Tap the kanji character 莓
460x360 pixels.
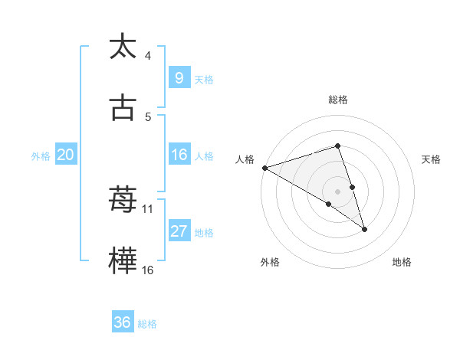[x=123, y=201]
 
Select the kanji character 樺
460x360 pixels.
[x=123, y=261]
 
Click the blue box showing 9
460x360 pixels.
[x=179, y=77]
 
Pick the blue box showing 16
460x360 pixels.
[x=179, y=155]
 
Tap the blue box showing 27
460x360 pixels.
[x=179, y=231]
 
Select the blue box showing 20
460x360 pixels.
[x=65, y=155]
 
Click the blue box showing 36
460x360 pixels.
[x=122, y=322]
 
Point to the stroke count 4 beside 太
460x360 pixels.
[x=148, y=56]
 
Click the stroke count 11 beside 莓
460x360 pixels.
[x=148, y=208]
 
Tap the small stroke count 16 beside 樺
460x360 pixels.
[x=148, y=270]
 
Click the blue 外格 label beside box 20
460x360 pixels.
[x=41, y=155]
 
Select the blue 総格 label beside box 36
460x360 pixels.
[x=147, y=324]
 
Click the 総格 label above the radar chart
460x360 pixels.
[x=337, y=100]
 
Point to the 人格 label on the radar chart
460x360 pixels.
[x=245, y=159]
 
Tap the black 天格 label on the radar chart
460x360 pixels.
[x=432, y=159]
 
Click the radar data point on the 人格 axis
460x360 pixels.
[x=264, y=168]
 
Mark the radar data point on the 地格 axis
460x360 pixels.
[x=364, y=229]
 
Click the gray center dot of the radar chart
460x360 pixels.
[x=337, y=191]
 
